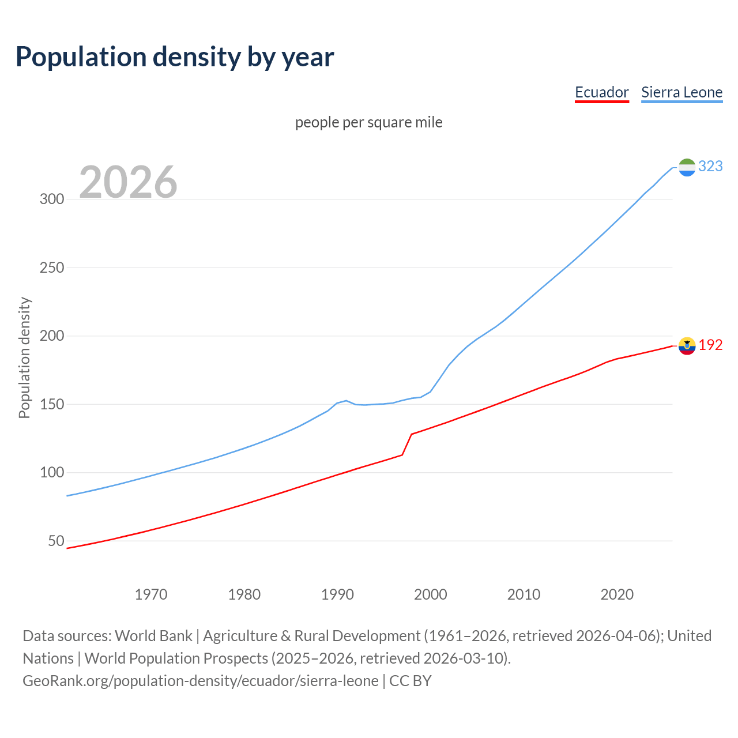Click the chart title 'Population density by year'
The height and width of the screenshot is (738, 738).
(x=175, y=57)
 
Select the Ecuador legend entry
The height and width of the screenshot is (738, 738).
(x=601, y=92)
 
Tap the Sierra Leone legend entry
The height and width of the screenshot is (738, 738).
(x=681, y=92)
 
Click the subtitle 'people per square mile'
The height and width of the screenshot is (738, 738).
(x=368, y=123)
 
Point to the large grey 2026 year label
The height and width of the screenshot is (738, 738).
(x=128, y=182)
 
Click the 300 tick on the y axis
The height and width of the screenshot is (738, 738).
(x=51, y=199)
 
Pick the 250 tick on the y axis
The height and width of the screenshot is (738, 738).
(x=51, y=268)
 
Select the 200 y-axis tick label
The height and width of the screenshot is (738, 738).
(x=51, y=336)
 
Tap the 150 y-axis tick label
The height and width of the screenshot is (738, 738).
(x=51, y=404)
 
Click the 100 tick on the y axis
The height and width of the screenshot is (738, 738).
(x=51, y=473)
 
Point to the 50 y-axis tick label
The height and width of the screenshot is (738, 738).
(x=56, y=541)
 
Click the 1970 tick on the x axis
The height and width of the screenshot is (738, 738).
(x=151, y=594)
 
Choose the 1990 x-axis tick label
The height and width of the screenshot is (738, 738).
(x=337, y=594)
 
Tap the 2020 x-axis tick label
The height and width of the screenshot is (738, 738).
(x=617, y=594)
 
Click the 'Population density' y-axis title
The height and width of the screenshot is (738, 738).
(x=24, y=357)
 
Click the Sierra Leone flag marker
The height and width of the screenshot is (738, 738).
(x=687, y=167)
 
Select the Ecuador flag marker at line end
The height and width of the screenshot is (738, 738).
(x=687, y=346)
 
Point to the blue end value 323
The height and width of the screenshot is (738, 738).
(x=710, y=167)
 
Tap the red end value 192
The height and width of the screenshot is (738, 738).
(x=710, y=345)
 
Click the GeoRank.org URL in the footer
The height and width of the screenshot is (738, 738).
(x=201, y=681)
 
